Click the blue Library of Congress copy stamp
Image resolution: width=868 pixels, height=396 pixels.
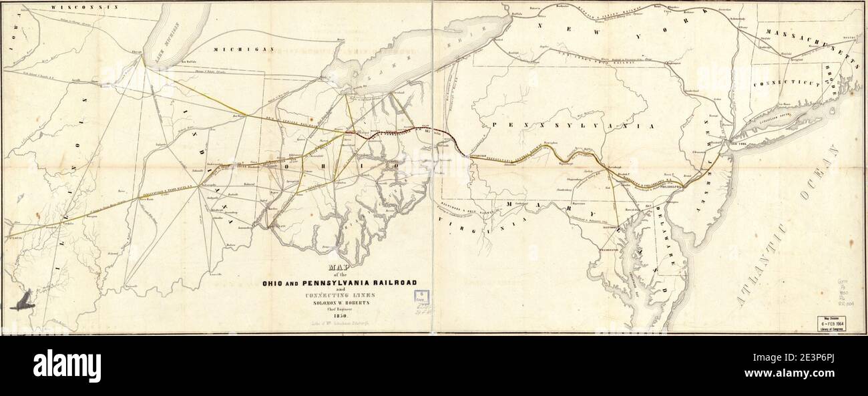[423, 296]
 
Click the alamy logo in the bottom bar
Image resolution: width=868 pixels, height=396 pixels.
[67, 366]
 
